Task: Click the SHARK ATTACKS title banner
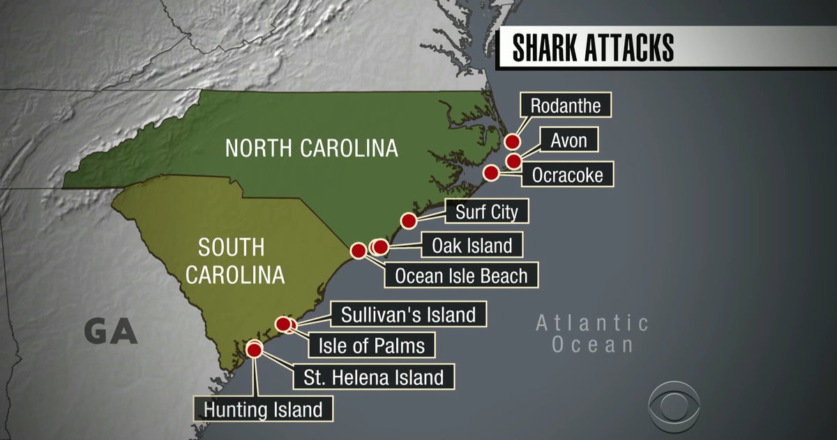(x=593, y=47)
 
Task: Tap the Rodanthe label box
(x=566, y=106)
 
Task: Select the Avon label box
(x=568, y=140)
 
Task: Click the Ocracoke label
(x=567, y=174)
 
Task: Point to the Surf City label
(x=486, y=212)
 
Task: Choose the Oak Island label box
(x=472, y=245)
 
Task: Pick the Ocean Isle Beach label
(x=461, y=275)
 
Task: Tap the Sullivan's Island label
(x=408, y=314)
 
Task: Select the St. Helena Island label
(x=373, y=377)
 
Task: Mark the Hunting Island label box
(x=263, y=409)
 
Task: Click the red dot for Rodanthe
(x=513, y=142)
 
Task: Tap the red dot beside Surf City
(x=409, y=221)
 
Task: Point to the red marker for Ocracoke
(x=491, y=173)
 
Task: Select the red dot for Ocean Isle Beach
(x=359, y=250)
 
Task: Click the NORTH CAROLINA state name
(x=311, y=148)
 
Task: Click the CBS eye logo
(x=674, y=406)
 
